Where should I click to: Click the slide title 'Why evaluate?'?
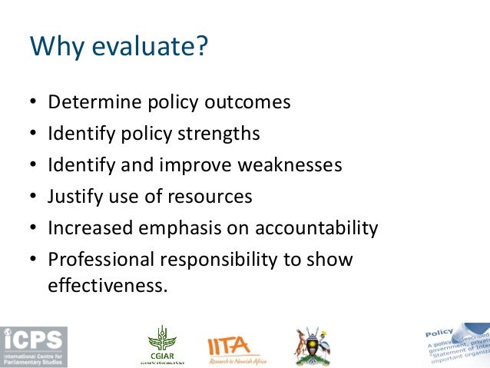click(x=118, y=48)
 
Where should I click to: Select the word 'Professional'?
click(x=98, y=260)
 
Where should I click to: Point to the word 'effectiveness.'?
click(x=107, y=286)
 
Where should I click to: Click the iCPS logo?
click(x=34, y=346)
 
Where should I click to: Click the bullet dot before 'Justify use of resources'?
click(x=34, y=197)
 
